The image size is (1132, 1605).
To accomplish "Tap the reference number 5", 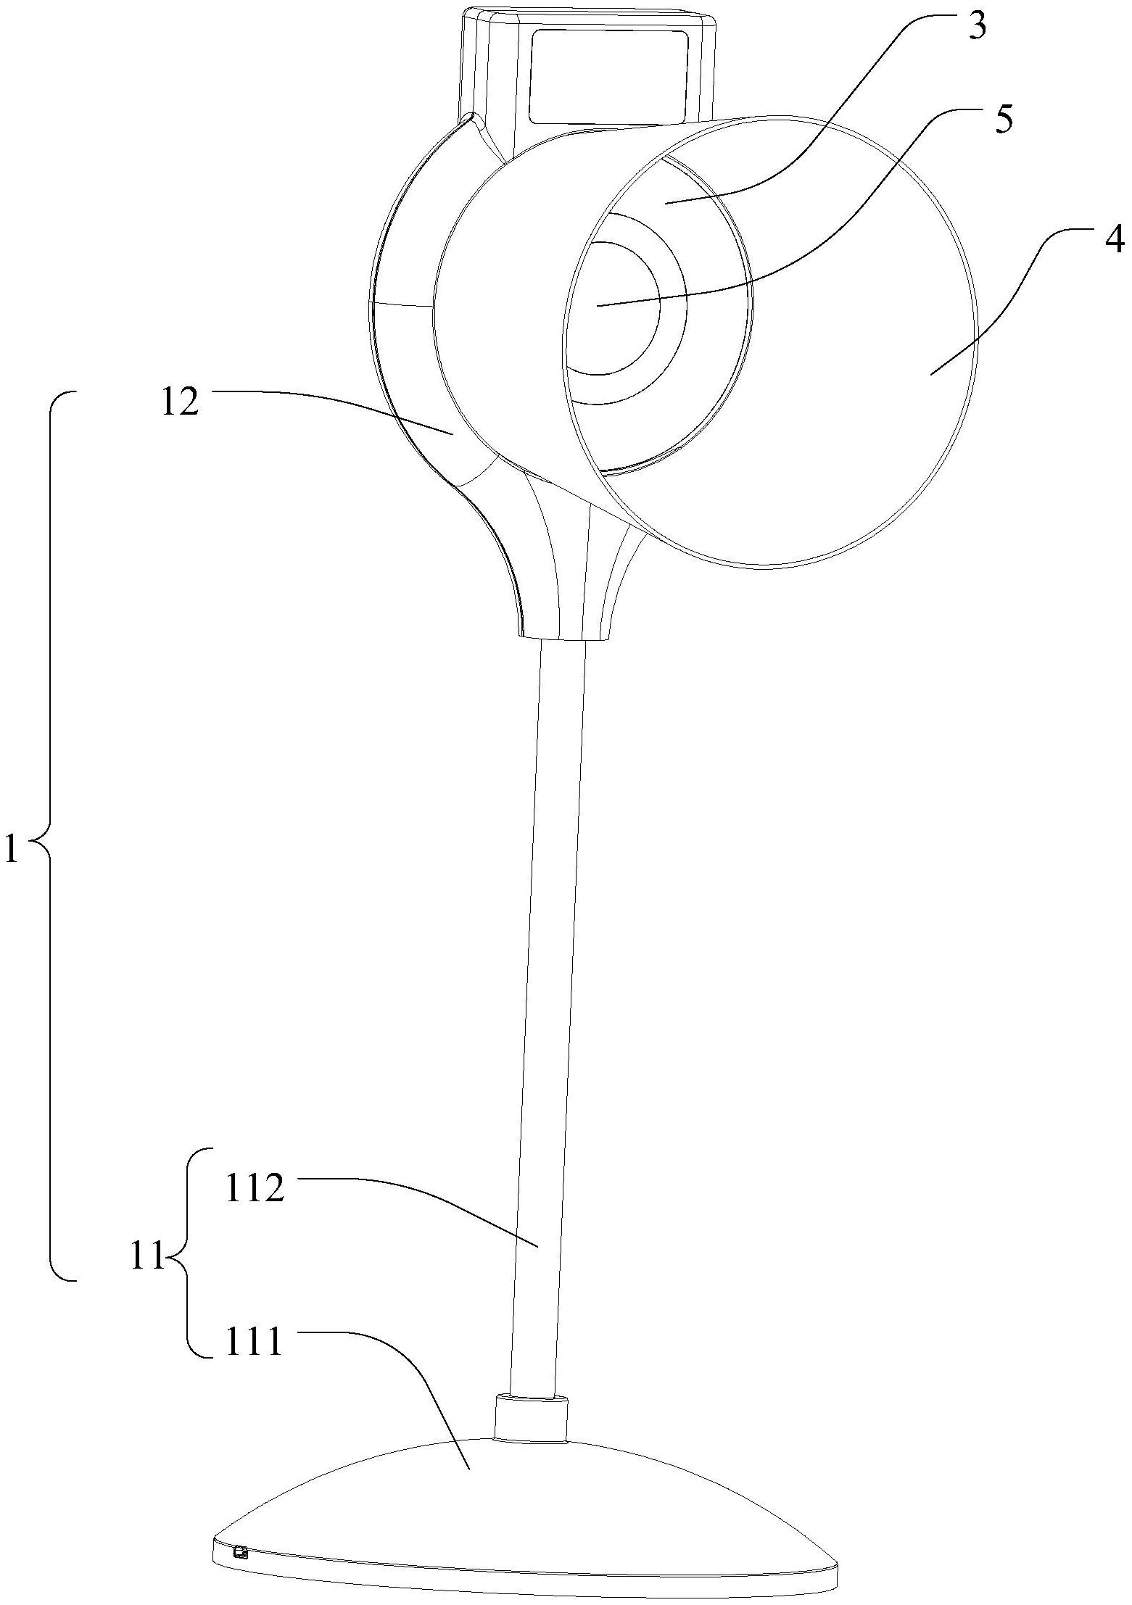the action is pyautogui.click(x=1003, y=120).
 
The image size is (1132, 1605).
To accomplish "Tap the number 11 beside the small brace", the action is pyautogui.click(x=148, y=1256).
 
